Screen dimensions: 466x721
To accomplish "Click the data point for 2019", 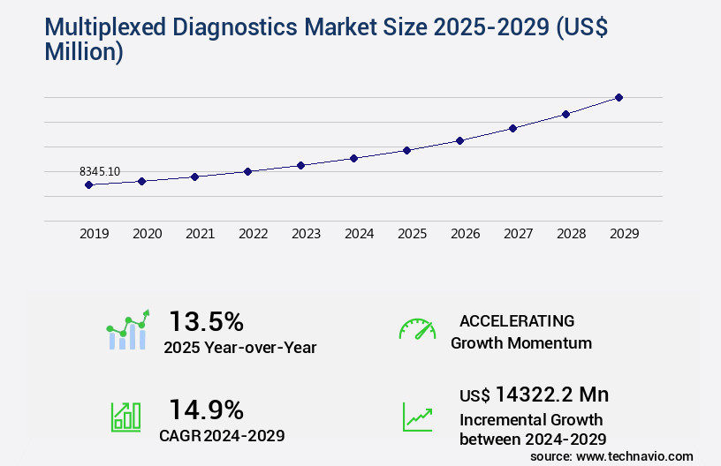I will pyautogui.click(x=88, y=184).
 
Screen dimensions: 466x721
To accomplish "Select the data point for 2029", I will pyautogui.click(x=619, y=97).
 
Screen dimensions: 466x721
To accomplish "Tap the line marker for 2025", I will pyautogui.click(x=406, y=150).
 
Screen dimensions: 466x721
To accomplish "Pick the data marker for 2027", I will pyautogui.click(x=512, y=128).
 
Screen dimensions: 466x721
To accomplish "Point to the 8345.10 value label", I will pyautogui.click(x=100, y=170).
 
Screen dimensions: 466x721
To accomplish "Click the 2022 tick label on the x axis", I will pyautogui.click(x=253, y=234).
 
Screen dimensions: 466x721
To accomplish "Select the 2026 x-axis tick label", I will pyautogui.click(x=465, y=234).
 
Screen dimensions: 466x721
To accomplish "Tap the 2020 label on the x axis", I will pyautogui.click(x=147, y=234).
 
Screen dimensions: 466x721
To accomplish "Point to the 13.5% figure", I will pyautogui.click(x=206, y=320).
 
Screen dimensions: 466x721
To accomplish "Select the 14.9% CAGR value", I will pyautogui.click(x=206, y=410).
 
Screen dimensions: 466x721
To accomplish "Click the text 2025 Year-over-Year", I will pyautogui.click(x=239, y=348).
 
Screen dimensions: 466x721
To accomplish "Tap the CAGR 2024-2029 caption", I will pyautogui.click(x=222, y=435).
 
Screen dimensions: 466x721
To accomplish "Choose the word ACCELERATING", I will pyautogui.click(x=517, y=320).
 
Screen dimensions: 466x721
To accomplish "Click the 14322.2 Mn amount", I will pyautogui.click(x=551, y=395).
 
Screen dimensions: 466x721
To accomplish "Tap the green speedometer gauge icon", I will pyautogui.click(x=417, y=329).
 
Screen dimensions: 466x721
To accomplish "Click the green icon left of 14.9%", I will pyautogui.click(x=125, y=417).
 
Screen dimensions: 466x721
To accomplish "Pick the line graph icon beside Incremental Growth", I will pyautogui.click(x=417, y=417).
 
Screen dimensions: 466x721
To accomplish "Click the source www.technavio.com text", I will pyautogui.click(x=611, y=456).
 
